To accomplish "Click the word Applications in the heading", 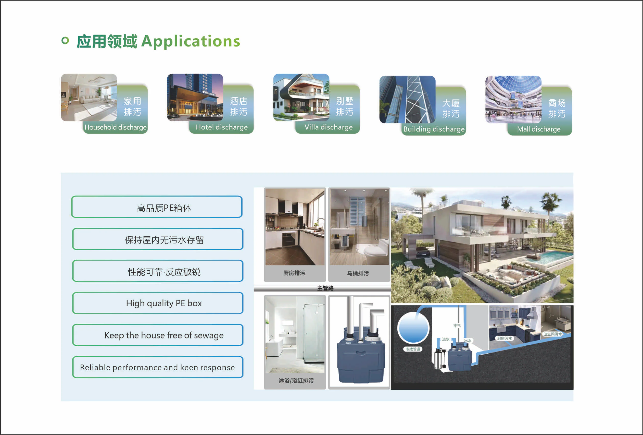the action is click(191, 42).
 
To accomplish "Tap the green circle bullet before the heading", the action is click(65, 41).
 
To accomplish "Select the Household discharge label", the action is click(115, 127).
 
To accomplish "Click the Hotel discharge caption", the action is click(222, 127).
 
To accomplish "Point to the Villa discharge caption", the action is click(329, 127).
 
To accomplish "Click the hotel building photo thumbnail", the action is click(195, 97).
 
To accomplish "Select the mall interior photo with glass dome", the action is click(513, 99).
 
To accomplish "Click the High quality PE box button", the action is click(158, 303).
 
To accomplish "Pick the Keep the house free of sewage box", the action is click(158, 335).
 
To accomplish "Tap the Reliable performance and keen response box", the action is click(158, 367).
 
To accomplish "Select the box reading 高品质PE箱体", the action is click(157, 207).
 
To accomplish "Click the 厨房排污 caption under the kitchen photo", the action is click(294, 273).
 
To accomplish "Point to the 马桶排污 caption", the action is click(358, 273).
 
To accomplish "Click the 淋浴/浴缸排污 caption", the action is click(296, 381).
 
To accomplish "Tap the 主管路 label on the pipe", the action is click(325, 288).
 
